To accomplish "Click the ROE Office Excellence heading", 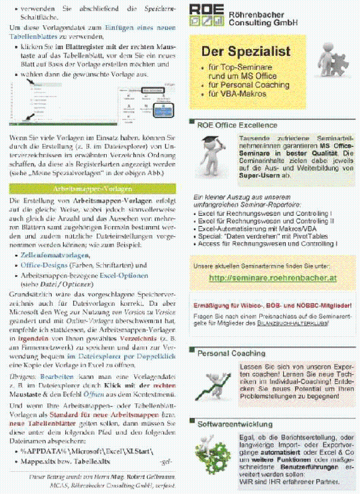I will click(x=237, y=125).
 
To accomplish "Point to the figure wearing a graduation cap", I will click(x=212, y=155).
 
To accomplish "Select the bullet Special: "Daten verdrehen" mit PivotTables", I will click(x=258, y=237).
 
